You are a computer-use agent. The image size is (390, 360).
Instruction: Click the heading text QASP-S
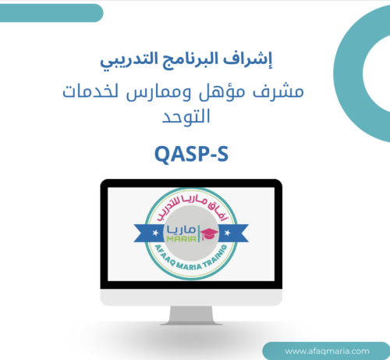(x=195, y=155)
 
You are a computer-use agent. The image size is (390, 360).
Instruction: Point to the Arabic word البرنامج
(x=199, y=59)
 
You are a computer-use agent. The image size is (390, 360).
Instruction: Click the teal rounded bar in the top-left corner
(x=51, y=12)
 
